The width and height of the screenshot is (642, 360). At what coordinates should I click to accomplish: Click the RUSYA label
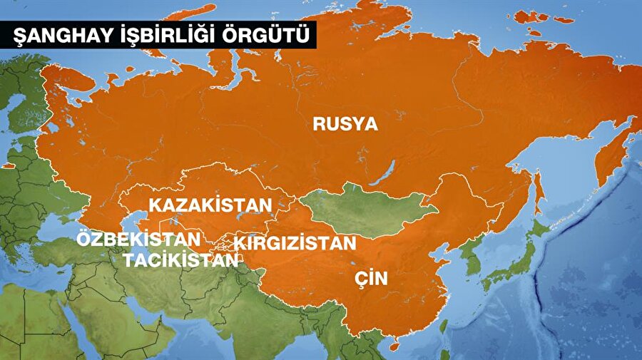345,123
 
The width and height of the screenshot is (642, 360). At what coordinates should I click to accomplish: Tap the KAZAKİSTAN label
210,205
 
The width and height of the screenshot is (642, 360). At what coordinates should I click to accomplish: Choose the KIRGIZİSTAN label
295,243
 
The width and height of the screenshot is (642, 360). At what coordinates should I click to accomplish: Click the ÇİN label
371,278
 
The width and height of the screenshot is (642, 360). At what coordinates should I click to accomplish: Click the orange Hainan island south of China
394,346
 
